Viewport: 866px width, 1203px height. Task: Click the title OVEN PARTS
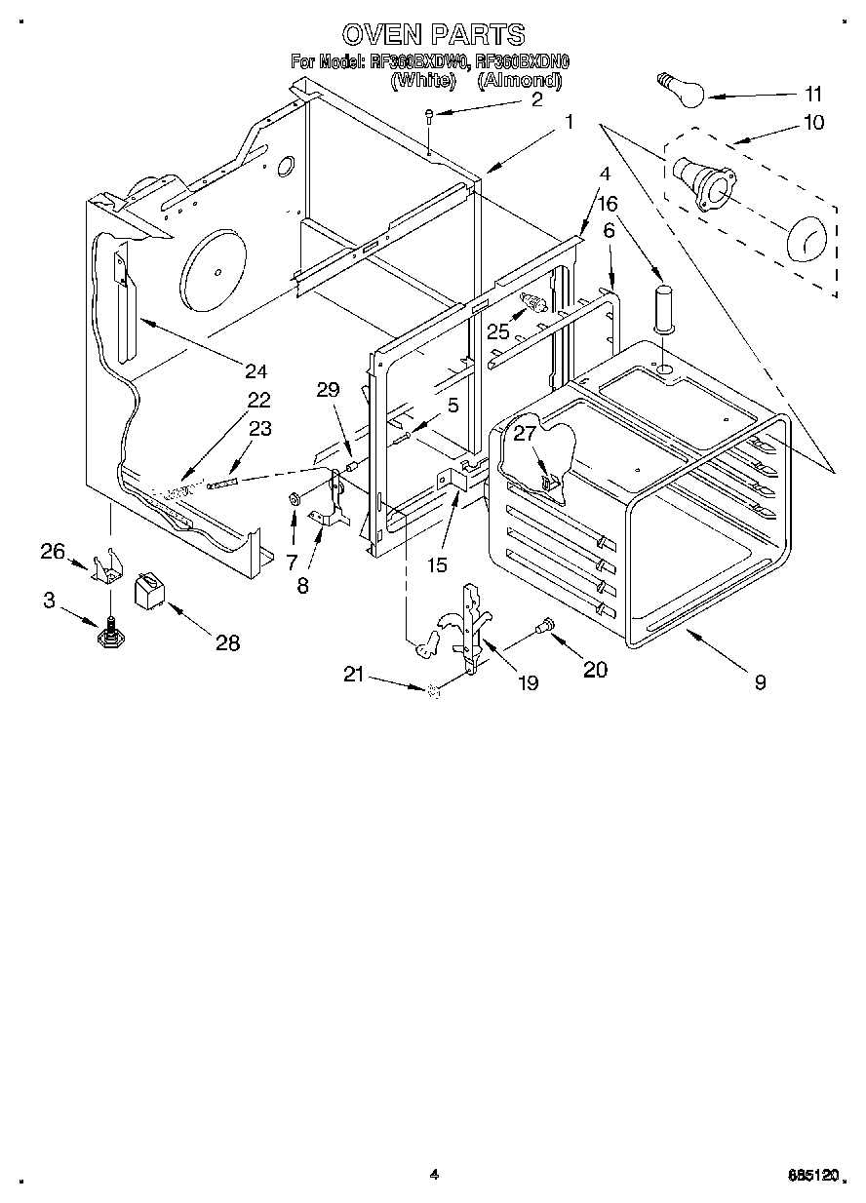coord(434,35)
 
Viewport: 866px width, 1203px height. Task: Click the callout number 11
coord(812,95)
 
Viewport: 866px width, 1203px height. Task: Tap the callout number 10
coord(812,122)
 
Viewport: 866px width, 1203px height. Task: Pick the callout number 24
coord(256,370)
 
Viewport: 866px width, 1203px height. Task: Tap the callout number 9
coord(759,682)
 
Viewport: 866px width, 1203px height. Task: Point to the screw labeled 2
coord(430,119)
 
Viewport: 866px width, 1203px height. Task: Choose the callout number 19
coord(528,683)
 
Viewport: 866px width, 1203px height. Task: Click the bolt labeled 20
coord(545,625)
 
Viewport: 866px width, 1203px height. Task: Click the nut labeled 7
coord(293,500)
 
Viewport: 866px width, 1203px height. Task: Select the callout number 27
coord(525,433)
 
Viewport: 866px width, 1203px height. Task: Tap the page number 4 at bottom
coord(433,1176)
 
